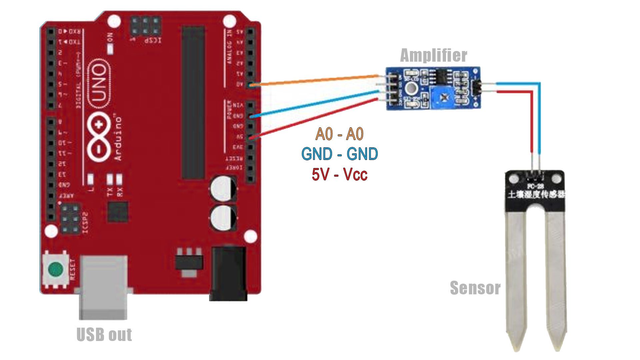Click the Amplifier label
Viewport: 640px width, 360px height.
click(433, 55)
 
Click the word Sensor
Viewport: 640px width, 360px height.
click(475, 288)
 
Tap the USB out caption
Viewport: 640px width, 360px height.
click(104, 334)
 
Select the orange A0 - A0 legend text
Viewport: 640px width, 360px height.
click(339, 134)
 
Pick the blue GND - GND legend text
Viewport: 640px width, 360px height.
click(339, 154)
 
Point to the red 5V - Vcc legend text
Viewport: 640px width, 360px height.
click(339, 174)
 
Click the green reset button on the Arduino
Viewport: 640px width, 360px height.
click(55, 269)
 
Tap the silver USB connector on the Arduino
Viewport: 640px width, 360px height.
click(103, 287)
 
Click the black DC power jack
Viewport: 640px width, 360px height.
click(229, 273)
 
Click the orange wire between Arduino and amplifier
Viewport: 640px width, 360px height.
click(317, 80)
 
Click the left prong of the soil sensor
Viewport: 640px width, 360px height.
click(517, 283)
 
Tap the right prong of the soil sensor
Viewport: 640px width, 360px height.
click(556, 283)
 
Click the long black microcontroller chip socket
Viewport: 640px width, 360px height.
click(193, 103)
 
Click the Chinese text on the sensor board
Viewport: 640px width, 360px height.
click(536, 194)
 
